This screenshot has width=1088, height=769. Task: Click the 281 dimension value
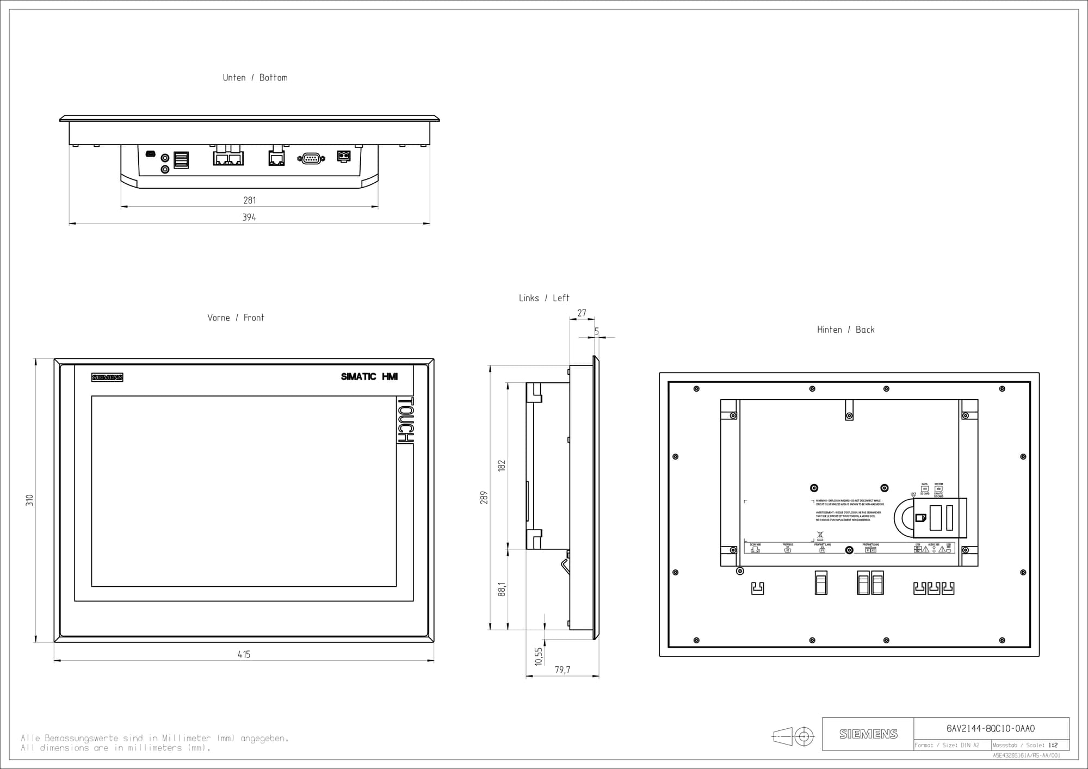[250, 201]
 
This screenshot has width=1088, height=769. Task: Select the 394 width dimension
[249, 218]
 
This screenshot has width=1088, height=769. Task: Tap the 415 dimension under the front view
[244, 655]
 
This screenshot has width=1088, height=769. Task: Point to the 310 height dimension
[30, 500]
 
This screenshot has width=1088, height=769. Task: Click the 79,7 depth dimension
[562, 670]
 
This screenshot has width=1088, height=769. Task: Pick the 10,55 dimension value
[539, 656]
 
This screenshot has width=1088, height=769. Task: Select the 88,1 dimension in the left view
[502, 589]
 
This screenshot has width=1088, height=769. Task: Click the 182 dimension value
[502, 466]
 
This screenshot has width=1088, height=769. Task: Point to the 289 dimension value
[484, 498]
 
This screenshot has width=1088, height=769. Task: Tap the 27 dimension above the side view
[582, 313]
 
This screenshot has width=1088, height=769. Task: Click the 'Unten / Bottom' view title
[255, 78]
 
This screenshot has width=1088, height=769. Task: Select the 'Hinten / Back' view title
[845, 330]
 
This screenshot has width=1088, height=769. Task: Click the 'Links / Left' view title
[543, 298]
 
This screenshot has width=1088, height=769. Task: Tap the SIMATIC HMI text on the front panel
[369, 376]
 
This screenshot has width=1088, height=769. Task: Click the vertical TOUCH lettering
[405, 420]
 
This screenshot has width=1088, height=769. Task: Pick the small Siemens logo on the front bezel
[107, 377]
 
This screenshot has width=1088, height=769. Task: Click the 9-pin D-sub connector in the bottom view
[311, 158]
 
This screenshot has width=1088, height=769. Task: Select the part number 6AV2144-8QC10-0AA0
[991, 729]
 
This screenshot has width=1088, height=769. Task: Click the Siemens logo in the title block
[868, 734]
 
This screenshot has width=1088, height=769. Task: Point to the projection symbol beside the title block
[793, 737]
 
